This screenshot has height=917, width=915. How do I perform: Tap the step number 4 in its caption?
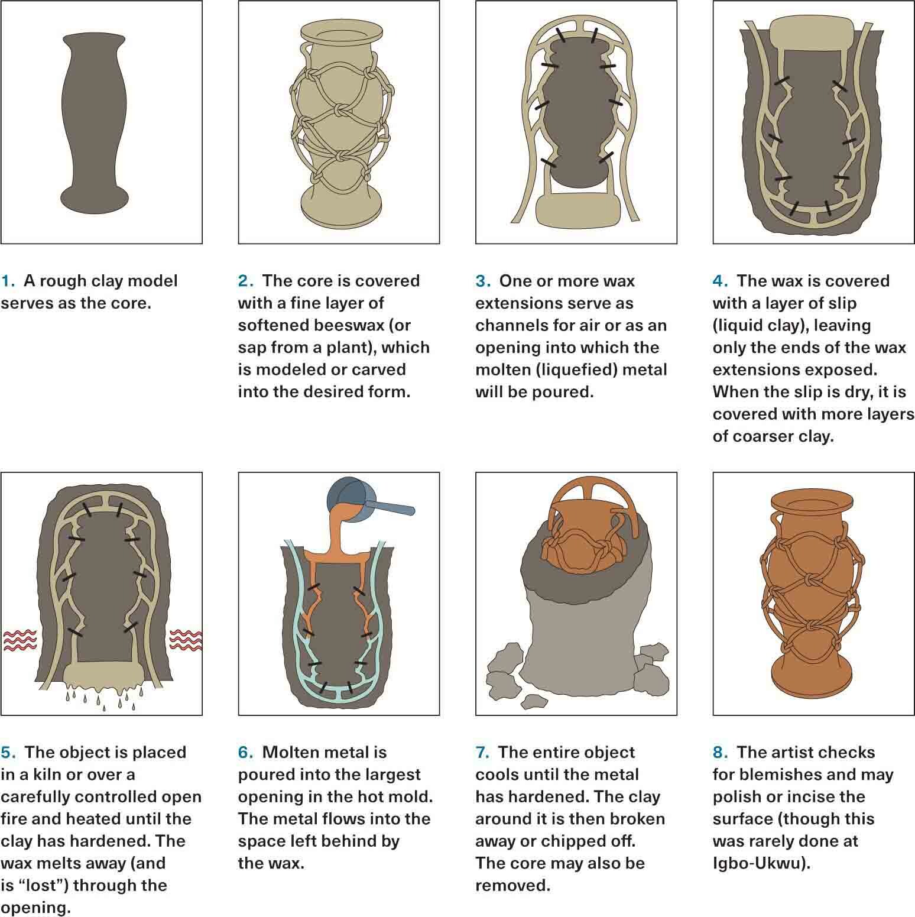point(719,281)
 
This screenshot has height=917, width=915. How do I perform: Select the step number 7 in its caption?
point(481,753)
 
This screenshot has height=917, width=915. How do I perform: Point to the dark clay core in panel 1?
point(94,124)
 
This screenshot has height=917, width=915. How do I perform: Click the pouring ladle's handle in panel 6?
point(390,508)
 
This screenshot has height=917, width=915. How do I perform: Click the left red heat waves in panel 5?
point(20,640)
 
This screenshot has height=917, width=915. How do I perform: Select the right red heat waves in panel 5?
point(186,640)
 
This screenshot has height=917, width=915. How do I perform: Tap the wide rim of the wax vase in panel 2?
point(339,33)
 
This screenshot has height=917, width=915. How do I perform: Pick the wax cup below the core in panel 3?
point(577,211)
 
